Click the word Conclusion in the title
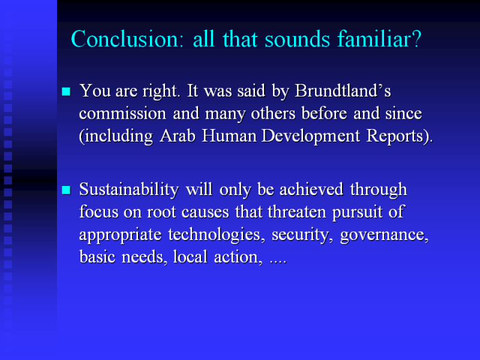tap(127, 39)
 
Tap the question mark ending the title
tap(417, 39)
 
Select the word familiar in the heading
tap(373, 38)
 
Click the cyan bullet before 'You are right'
tap(66, 92)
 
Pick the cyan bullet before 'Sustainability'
tap(66, 190)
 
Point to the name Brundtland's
tap(343, 91)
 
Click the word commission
tap(122, 113)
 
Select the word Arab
tap(178, 136)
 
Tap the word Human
tap(229, 136)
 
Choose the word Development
tap(311, 136)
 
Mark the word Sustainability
tap(129, 190)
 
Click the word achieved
tap(311, 189)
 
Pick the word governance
tap(384, 235)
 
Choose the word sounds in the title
tap(297, 39)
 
